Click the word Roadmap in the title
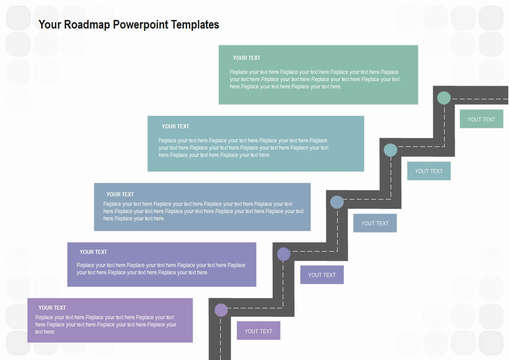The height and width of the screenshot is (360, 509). pyautogui.click(x=87, y=24)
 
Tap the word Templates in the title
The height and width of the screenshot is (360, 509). pyautogui.click(x=195, y=24)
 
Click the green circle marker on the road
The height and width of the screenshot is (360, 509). pyautogui.click(x=444, y=98)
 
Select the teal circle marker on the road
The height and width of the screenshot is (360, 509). pyautogui.click(x=390, y=150)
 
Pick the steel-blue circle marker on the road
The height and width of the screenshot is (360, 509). pyautogui.click(x=337, y=202)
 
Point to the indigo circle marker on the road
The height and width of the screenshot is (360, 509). pyautogui.click(x=284, y=254)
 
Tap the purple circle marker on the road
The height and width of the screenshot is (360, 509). pyautogui.click(x=221, y=310)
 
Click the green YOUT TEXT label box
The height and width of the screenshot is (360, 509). pyautogui.click(x=481, y=119)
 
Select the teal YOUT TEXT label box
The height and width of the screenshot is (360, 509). pyautogui.click(x=429, y=171)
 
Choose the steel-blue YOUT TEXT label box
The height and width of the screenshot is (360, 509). pyautogui.click(x=375, y=223)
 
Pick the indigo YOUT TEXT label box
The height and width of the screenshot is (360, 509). pyautogui.click(x=322, y=275)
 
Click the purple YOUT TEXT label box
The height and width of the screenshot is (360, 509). pyautogui.click(x=258, y=331)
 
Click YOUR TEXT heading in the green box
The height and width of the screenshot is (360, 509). pyautogui.click(x=247, y=58)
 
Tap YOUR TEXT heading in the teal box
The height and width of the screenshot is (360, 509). pyautogui.click(x=175, y=126)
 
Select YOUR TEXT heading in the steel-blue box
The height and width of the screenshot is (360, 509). pyautogui.click(x=120, y=195)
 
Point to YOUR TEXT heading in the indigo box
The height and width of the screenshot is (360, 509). pyautogui.click(x=93, y=252)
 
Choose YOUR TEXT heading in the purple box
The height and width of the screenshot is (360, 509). pyautogui.click(x=52, y=308)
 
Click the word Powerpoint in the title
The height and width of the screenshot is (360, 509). pyautogui.click(x=141, y=24)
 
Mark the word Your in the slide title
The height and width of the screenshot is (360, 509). pyautogui.click(x=50, y=24)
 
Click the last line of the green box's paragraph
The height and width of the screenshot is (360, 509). pyautogui.click(x=286, y=87)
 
